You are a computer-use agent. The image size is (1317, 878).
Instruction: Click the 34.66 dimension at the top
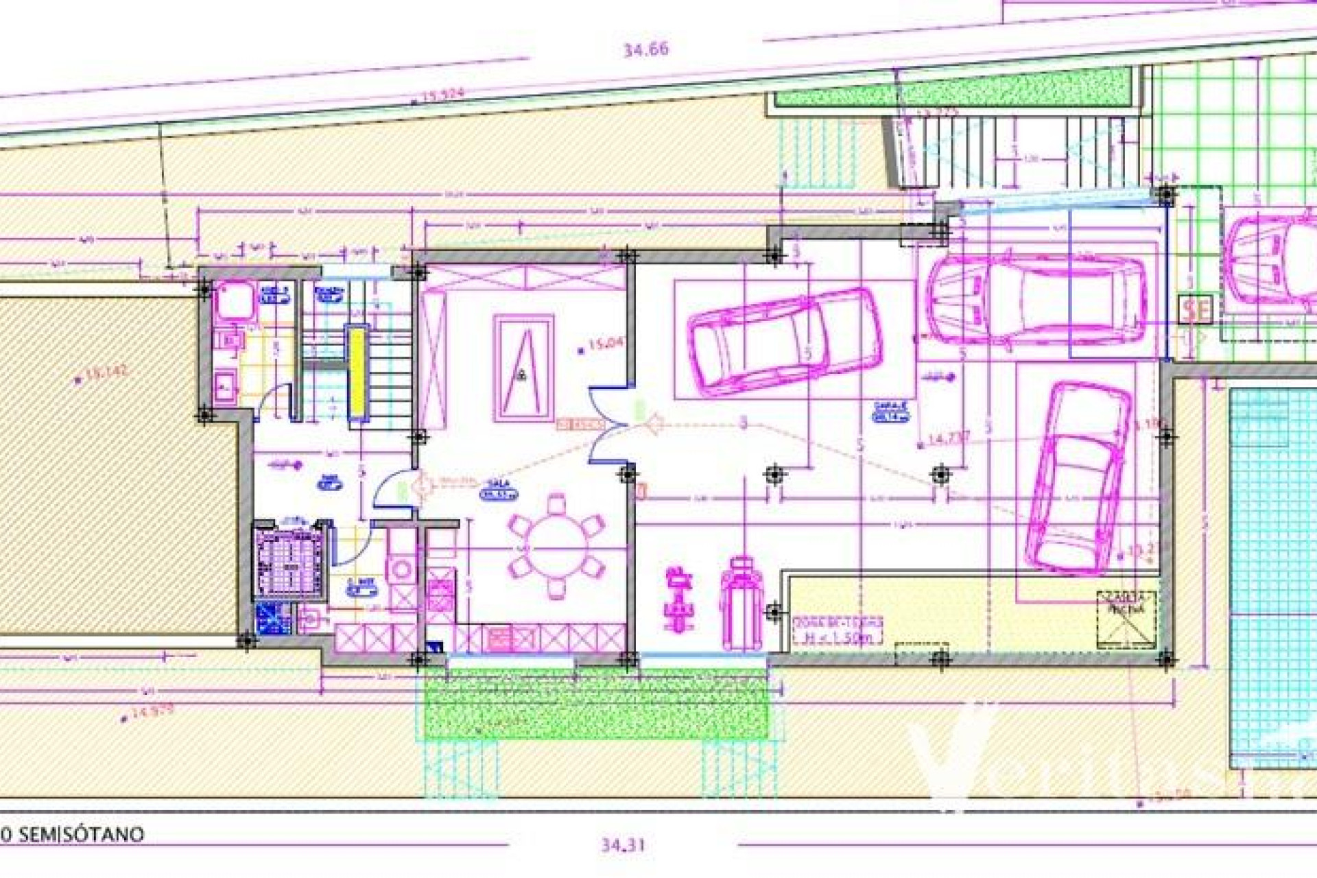[645, 49]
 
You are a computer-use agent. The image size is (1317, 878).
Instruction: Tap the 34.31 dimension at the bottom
[623, 845]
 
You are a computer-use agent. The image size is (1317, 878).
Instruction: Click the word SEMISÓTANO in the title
[81, 835]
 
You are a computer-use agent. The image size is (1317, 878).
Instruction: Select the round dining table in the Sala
[556, 547]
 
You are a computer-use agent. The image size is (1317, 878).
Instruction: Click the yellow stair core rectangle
[357, 374]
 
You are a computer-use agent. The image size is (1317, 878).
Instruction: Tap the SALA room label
[499, 490]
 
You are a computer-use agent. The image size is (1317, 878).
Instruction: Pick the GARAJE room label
[891, 411]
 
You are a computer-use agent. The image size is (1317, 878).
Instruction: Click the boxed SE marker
[1196, 310]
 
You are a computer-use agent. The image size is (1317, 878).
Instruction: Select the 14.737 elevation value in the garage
[948, 439]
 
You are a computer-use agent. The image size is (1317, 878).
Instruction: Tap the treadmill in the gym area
[741, 604]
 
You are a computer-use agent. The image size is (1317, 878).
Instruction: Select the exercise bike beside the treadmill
[678, 599]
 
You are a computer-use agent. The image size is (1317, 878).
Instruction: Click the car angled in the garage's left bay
[786, 342]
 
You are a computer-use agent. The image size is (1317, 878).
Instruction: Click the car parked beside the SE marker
[1036, 299]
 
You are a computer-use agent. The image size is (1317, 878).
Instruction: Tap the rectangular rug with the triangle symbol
[523, 368]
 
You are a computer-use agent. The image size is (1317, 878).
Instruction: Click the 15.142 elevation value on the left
[106, 373]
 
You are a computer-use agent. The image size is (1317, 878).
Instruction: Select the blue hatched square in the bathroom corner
[272, 619]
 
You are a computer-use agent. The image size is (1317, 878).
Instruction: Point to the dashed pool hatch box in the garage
[1126, 619]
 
